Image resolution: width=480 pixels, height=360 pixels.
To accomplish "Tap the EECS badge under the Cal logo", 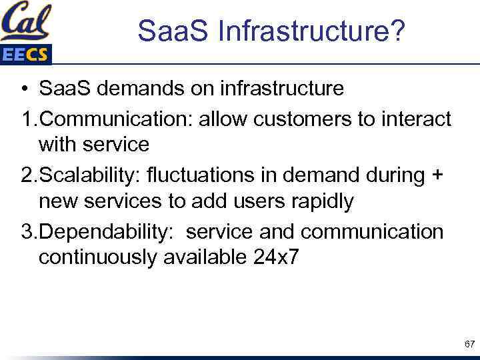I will tap(25, 55).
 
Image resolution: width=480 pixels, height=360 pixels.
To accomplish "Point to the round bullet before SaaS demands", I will tap(23, 88).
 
